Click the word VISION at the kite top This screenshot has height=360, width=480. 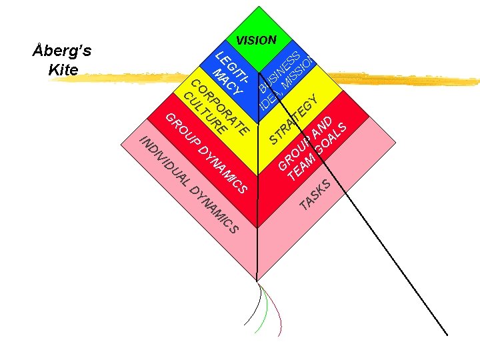[256, 40]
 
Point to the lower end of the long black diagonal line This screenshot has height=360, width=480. [446, 333]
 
